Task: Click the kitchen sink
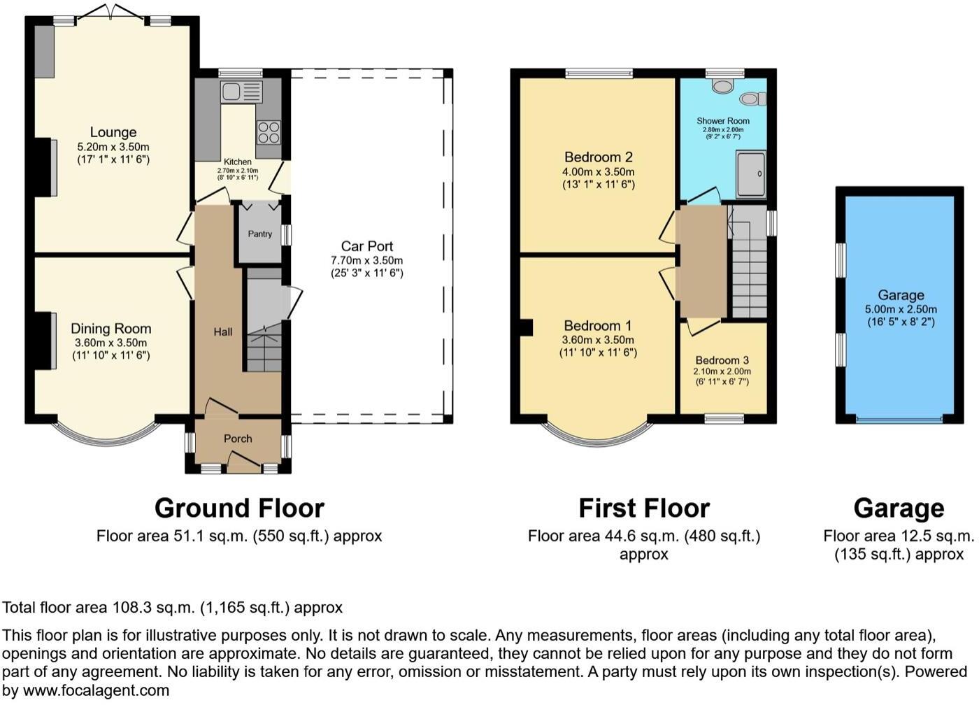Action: tap(241, 92)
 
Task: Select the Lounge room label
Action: tap(113, 132)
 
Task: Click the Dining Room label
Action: tap(111, 329)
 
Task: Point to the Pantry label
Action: tap(260, 234)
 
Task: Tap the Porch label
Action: tap(238, 439)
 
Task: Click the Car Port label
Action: tap(367, 246)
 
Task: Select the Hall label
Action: tap(223, 332)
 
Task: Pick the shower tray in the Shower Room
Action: tap(751, 173)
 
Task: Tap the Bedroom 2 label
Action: tap(599, 157)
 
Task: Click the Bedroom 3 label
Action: tap(722, 360)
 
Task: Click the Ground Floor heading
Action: tap(239, 508)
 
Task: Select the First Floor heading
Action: tap(644, 508)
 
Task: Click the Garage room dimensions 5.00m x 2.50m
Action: tap(901, 309)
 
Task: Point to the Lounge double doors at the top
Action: tap(112, 13)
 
